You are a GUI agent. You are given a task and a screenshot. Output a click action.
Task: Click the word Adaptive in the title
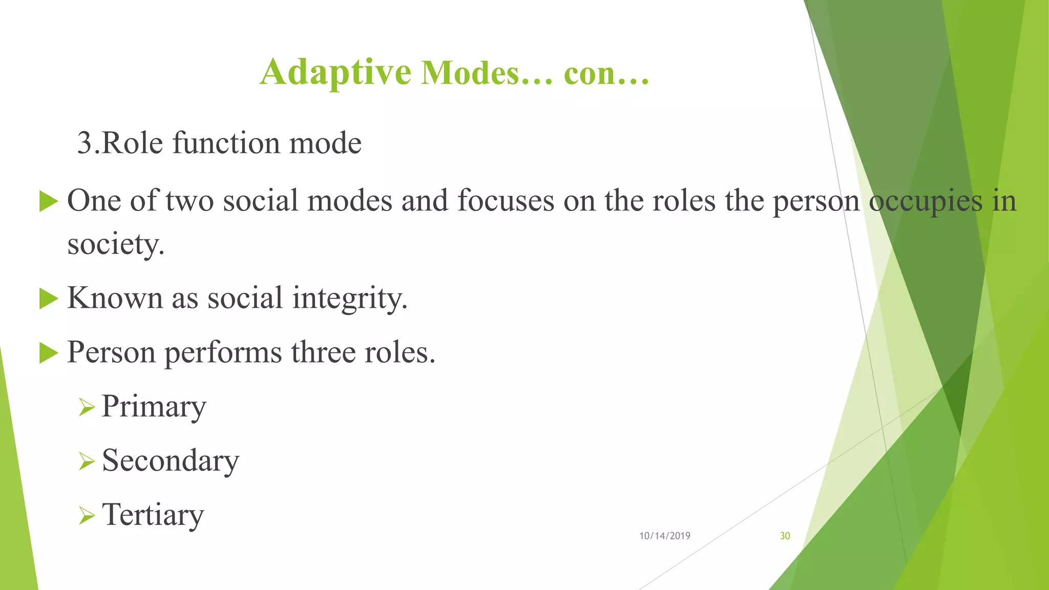click(335, 72)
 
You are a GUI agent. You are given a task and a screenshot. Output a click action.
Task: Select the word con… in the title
click(606, 73)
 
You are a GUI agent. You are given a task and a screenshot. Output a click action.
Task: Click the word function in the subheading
click(226, 143)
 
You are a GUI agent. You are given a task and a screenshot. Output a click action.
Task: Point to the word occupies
click(926, 201)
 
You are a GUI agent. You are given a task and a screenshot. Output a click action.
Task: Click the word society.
click(116, 244)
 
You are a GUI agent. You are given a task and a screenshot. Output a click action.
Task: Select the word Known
click(115, 298)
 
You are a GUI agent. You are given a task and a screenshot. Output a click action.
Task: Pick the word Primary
click(154, 407)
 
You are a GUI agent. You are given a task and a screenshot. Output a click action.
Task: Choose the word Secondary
click(170, 460)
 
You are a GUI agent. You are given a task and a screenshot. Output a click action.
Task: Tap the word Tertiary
click(153, 515)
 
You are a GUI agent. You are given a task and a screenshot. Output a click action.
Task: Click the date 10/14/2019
click(664, 536)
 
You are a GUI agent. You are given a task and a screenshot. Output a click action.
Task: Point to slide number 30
click(785, 536)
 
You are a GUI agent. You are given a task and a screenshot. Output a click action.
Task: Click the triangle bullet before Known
click(48, 299)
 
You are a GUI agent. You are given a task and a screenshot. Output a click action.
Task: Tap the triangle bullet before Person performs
click(48, 353)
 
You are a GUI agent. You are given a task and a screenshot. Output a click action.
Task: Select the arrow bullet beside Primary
click(87, 408)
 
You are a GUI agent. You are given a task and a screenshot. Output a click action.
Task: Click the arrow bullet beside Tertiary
click(87, 516)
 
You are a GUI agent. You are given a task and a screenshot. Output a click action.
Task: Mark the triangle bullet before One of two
click(48, 201)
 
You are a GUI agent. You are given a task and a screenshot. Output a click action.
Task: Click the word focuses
click(506, 200)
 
